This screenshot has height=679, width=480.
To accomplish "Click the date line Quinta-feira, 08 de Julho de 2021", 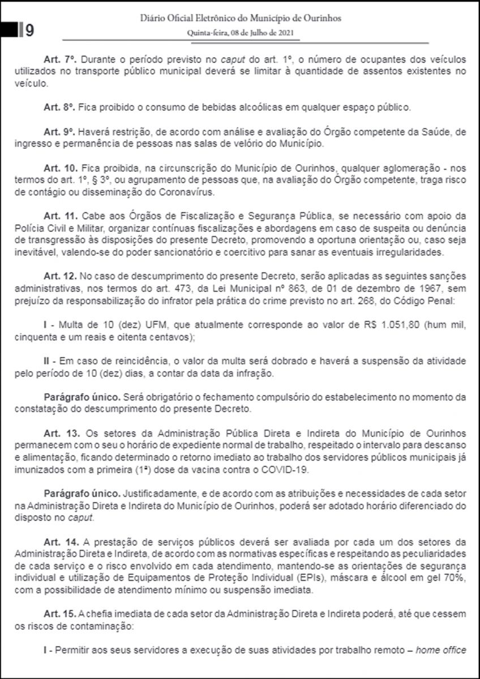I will tap(240, 33).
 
